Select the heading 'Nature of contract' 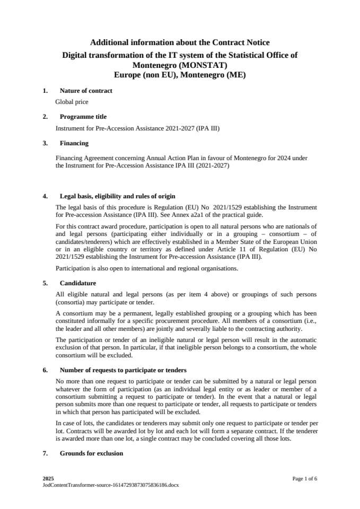86,91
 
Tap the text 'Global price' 72,102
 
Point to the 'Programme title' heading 83,117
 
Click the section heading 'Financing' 74,143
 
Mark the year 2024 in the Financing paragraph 262,158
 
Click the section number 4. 45,196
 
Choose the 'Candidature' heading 78,283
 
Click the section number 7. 45,453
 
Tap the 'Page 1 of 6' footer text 304,479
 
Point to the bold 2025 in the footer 48,479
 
